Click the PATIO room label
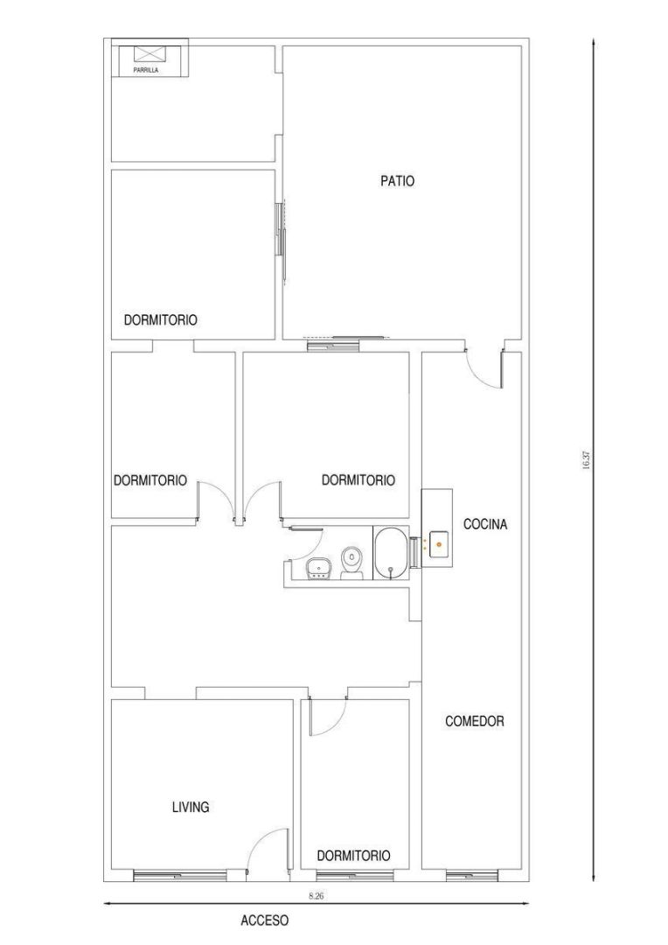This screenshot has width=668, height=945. (x=398, y=180)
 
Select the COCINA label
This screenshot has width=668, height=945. (x=485, y=524)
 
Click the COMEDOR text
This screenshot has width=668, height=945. (x=475, y=721)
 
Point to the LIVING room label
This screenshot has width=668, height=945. (x=191, y=807)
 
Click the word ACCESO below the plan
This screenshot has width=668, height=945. (x=264, y=920)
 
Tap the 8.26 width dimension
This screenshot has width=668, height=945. (x=317, y=896)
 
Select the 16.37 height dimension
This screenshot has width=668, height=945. (x=586, y=460)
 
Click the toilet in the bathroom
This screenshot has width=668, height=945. (x=351, y=563)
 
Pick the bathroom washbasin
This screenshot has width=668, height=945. (x=317, y=569)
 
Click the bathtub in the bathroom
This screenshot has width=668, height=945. (x=392, y=553)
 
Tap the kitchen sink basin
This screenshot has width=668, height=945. (x=439, y=544)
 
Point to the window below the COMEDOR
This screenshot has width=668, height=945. (x=472, y=875)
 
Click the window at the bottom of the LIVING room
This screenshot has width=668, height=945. (x=180, y=875)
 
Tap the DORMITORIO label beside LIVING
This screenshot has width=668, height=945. (x=353, y=855)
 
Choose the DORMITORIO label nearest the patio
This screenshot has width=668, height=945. (x=160, y=319)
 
